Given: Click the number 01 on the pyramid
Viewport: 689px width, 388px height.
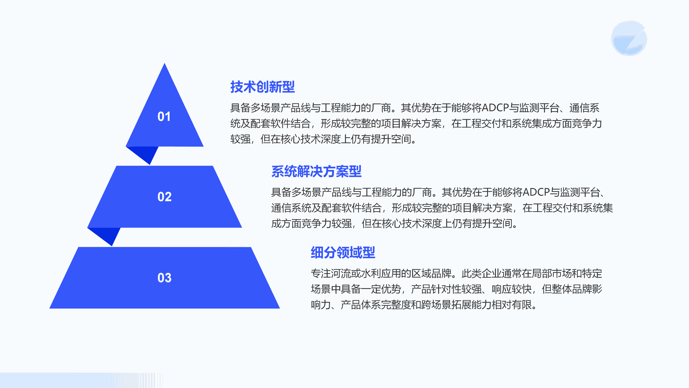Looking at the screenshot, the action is click(164, 116).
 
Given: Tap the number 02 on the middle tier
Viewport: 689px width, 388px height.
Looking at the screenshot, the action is click(164, 197).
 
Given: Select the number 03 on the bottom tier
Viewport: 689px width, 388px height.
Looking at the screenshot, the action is click(164, 278).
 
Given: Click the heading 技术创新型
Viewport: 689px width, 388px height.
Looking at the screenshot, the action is click(262, 87).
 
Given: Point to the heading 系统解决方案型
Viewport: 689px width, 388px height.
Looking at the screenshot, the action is click(316, 171).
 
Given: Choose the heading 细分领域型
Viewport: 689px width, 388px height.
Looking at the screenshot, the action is click(343, 253).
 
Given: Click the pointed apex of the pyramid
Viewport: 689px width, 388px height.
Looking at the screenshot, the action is click(164, 63).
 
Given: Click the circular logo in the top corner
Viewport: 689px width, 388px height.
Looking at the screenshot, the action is click(629, 38).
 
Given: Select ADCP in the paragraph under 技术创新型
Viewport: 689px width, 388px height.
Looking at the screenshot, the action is click(495, 108).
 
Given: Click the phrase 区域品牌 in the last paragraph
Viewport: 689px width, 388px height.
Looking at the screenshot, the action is click(431, 274).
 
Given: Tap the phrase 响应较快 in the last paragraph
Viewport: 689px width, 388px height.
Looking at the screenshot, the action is click(512, 289).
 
